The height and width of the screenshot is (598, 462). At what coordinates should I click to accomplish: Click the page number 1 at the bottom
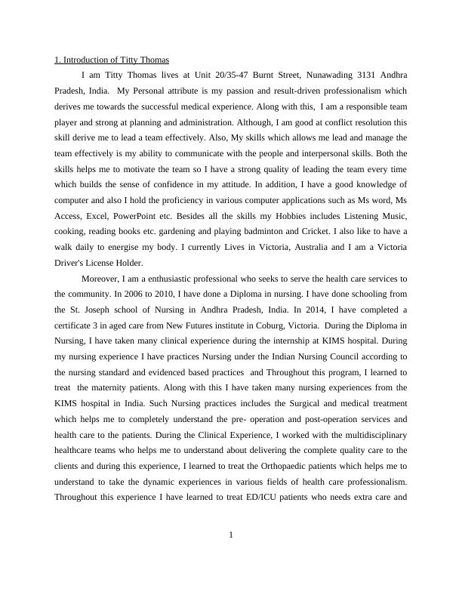point(231,535)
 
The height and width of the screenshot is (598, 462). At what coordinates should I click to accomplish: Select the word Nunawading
point(319,75)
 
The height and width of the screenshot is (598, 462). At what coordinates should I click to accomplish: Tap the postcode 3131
point(358,75)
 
